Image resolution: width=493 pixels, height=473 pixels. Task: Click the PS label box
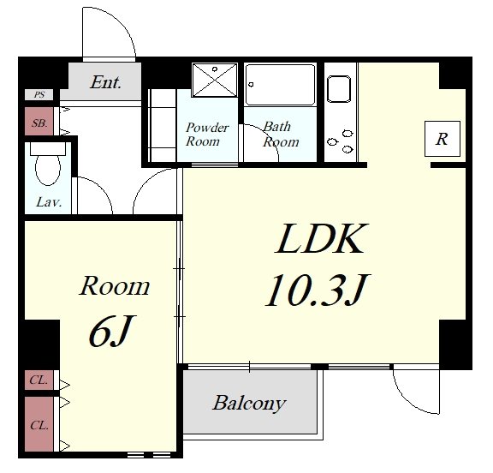[x=39, y=94]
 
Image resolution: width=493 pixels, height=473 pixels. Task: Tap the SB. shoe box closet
[x=39, y=121]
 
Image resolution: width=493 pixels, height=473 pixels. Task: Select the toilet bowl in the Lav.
[x=48, y=170]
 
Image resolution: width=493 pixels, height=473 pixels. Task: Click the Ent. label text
[x=105, y=82]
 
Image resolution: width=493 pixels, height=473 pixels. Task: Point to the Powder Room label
[x=207, y=135]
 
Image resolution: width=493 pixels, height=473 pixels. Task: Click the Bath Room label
[x=281, y=135]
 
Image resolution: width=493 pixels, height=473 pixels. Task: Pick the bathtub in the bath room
[x=280, y=85]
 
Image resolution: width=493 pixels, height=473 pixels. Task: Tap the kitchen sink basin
[x=339, y=89]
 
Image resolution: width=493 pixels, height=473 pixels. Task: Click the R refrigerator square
[x=442, y=139]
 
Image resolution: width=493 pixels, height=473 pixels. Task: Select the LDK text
[x=318, y=238]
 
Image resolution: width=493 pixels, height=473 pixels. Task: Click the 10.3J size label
[x=317, y=290]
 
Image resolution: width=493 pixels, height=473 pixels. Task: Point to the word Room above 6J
[x=115, y=285]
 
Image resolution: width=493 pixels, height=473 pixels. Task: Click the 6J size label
[x=111, y=332]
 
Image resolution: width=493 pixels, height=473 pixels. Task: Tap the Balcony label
[x=249, y=403]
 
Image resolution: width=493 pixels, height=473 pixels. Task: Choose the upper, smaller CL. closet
[x=39, y=380]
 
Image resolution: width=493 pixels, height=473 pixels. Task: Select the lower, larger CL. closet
[x=39, y=424]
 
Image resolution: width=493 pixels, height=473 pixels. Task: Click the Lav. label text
[x=49, y=202]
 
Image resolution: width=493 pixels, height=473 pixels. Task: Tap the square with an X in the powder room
[x=215, y=80]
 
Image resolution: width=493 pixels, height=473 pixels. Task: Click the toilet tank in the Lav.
[x=48, y=148]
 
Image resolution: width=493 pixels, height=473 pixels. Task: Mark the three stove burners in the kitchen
[x=341, y=141]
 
